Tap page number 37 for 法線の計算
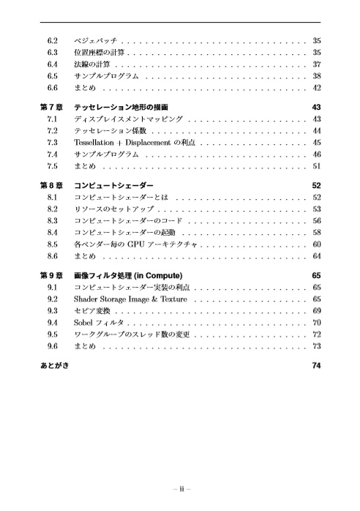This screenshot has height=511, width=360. (317, 64)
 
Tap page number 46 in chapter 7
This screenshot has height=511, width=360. (317, 154)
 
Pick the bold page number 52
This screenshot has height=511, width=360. (317, 185)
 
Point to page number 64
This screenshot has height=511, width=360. (317, 257)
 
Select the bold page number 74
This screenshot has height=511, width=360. (317, 366)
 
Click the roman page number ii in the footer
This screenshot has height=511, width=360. (180, 491)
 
